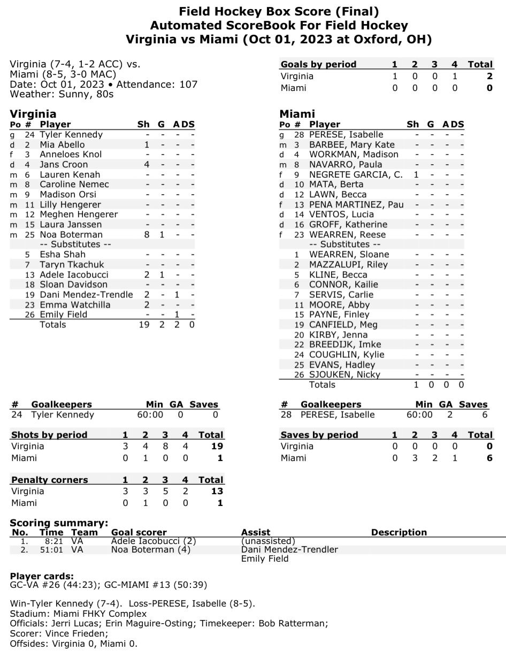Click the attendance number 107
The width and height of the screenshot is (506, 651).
pyautogui.click(x=187, y=85)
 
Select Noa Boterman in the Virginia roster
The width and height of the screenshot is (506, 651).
pyautogui.click(x=71, y=234)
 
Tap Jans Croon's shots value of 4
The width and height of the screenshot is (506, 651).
pyautogui.click(x=146, y=165)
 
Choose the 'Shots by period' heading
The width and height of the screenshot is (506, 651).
pyautogui.click(x=49, y=435)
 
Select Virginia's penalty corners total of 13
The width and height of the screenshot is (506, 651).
pyautogui.click(x=216, y=491)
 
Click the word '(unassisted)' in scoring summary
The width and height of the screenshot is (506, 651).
pyautogui.click(x=268, y=541)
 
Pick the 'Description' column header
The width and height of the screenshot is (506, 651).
pyautogui.click(x=399, y=532)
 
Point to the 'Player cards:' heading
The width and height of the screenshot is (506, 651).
pyautogui.click(x=42, y=576)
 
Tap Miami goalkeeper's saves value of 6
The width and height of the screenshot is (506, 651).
pyautogui.click(x=485, y=415)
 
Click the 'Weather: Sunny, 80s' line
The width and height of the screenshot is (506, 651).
pyautogui.click(x=62, y=94)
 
